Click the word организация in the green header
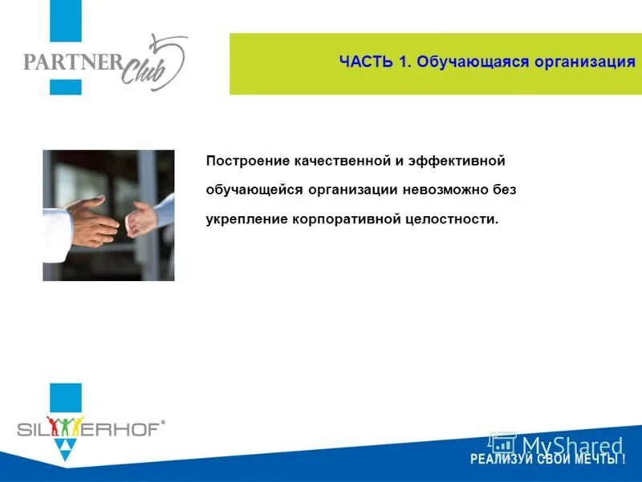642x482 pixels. pyautogui.click(x=581, y=63)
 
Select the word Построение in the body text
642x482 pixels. pyautogui.click(x=246, y=161)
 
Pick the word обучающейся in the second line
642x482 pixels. pyautogui.click(x=254, y=190)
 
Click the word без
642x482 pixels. pyautogui.click(x=502, y=190)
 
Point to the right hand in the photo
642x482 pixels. pyautogui.click(x=144, y=217)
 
